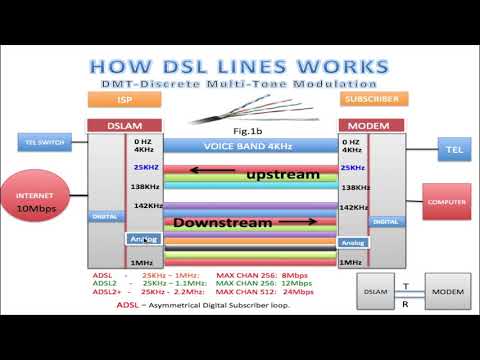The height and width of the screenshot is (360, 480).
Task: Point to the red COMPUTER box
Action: pyautogui.click(x=446, y=201)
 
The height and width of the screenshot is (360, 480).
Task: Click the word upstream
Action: pyautogui.click(x=283, y=175)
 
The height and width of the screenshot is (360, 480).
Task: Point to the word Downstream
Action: pyautogui.click(x=219, y=222)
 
